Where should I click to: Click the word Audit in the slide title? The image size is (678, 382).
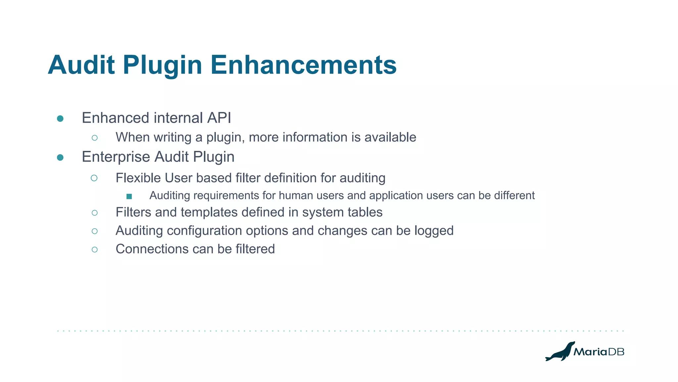pos(81,65)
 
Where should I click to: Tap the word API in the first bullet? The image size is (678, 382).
pos(219,118)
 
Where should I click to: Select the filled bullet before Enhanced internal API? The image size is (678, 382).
pos(60,119)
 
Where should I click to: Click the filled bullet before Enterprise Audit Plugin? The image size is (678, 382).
pos(60,158)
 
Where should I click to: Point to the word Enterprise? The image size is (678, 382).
pos(116,157)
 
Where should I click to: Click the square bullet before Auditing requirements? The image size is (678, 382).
pos(129,197)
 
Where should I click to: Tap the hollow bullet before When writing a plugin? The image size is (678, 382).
pos(95,138)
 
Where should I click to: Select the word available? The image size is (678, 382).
pos(390,137)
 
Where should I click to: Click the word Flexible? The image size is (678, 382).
pos(138,178)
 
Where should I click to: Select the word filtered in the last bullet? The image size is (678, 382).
pos(255,249)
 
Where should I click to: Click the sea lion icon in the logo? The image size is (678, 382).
pos(559,351)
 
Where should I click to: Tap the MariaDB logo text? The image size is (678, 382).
pos(599,352)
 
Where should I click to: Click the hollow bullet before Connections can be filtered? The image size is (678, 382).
pos(95,250)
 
